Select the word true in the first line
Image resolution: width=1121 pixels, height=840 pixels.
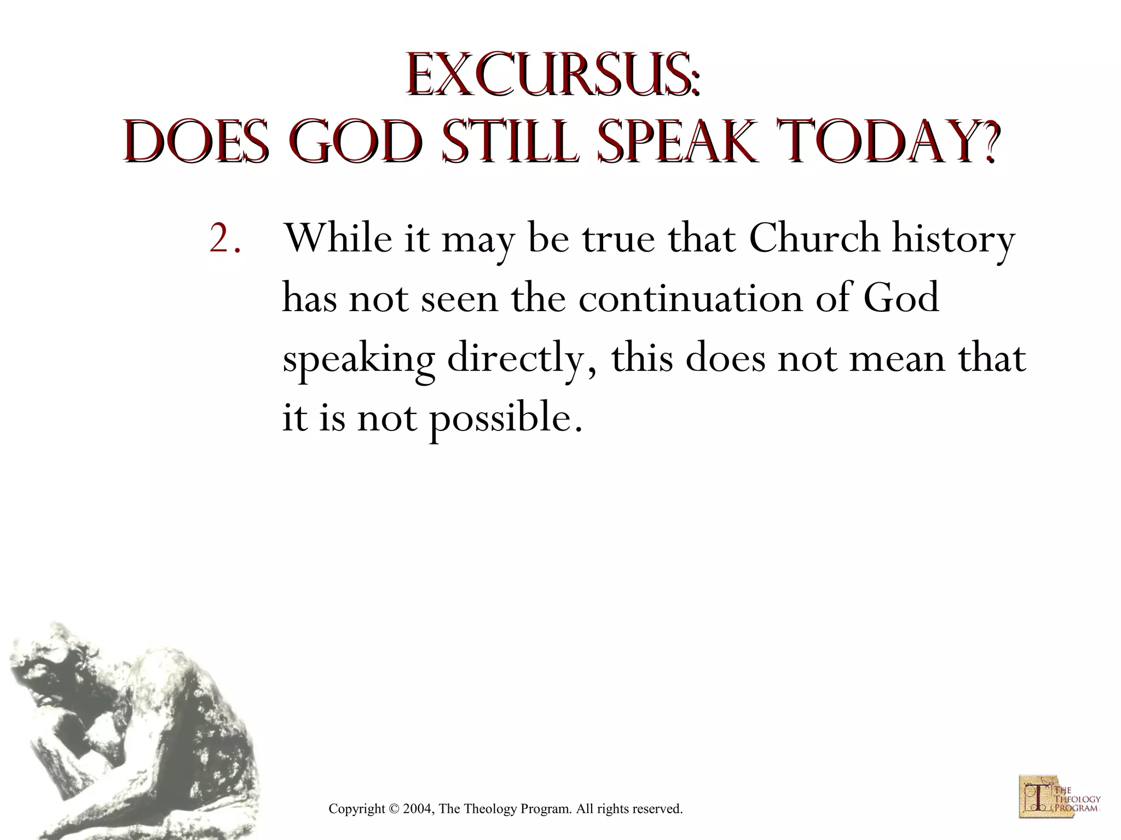coord(618,240)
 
